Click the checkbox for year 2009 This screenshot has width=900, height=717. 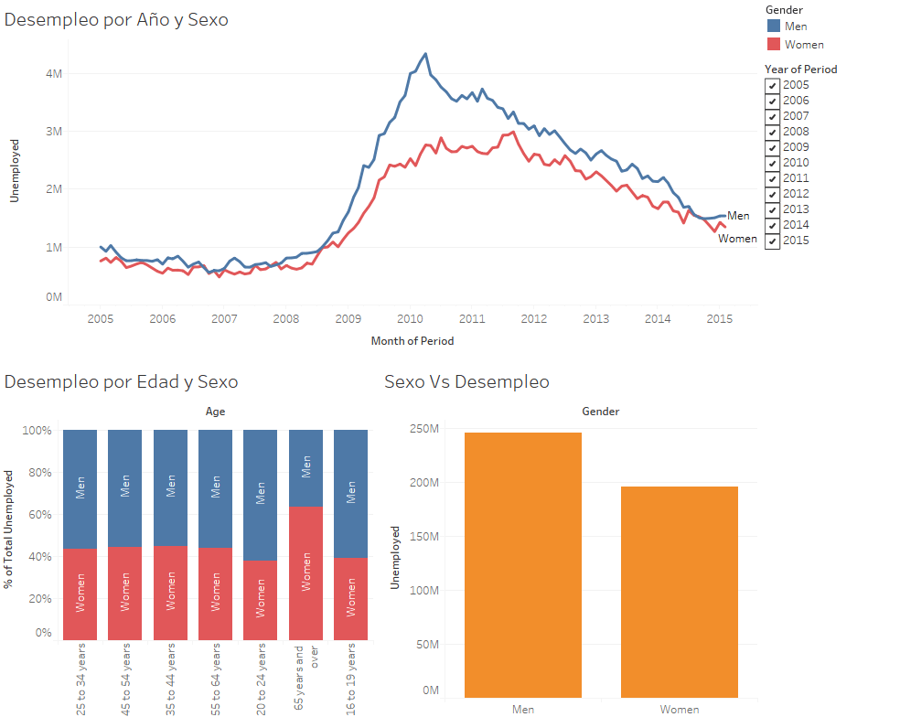coord(773,147)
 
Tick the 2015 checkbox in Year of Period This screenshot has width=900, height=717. coord(773,241)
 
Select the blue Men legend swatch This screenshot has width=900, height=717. coord(773,27)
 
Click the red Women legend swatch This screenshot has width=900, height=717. coord(773,44)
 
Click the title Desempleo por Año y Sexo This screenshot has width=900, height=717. coord(116,19)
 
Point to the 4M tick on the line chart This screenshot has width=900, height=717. coord(53,73)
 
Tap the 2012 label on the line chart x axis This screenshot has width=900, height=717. coord(533,319)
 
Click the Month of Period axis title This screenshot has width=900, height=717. coord(412,341)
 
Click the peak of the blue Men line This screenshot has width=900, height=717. coord(425,54)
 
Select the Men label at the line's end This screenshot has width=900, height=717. coord(738,216)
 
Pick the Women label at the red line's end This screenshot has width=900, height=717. coord(737,239)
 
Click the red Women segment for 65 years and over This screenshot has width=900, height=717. coord(305,573)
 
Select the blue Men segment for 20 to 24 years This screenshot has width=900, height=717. coord(260,495)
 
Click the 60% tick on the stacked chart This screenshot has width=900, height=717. coord(38,515)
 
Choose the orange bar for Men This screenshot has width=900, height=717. coord(522,566)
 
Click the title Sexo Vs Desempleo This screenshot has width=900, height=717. coord(466,382)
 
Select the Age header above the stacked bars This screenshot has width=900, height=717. coord(215,412)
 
